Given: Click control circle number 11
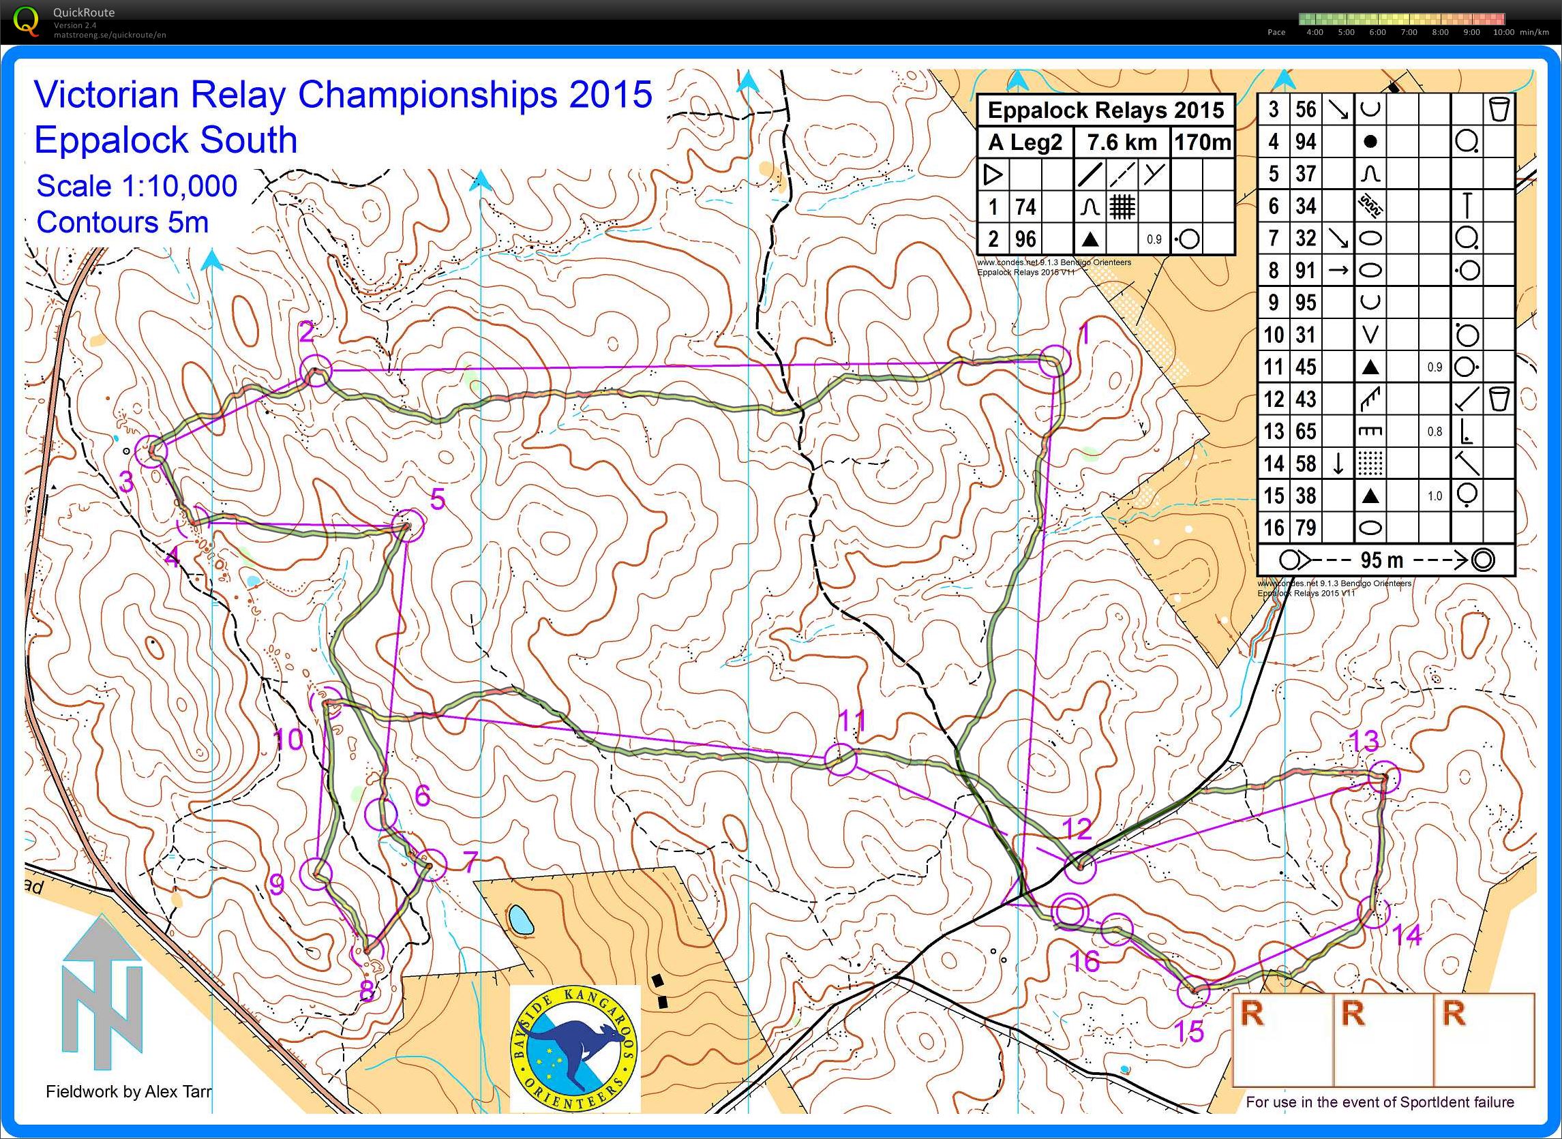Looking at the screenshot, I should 841,760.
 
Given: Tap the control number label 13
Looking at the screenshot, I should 1364,742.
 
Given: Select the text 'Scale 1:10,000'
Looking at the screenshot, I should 136,186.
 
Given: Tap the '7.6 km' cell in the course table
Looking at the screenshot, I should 1122,142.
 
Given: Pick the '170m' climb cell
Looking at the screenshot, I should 1202,142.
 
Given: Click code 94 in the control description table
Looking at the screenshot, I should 1306,141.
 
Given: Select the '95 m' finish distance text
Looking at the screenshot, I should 1381,560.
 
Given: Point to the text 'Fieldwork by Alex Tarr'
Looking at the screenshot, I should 129,1092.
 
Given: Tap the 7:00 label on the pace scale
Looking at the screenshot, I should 1408,33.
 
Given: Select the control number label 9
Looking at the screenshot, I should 277,885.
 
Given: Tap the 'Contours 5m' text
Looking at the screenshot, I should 122,223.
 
